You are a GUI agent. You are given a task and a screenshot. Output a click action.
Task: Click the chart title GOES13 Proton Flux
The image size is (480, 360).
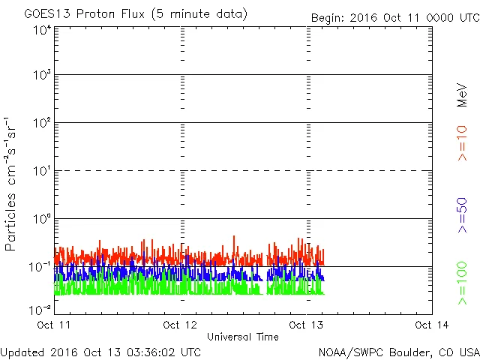(x=135, y=14)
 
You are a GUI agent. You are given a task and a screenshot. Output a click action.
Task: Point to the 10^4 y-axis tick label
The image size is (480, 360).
(x=42, y=30)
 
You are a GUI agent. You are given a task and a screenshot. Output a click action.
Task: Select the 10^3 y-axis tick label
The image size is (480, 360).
(x=42, y=75)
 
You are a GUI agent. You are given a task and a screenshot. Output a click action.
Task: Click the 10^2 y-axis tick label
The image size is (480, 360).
(x=42, y=123)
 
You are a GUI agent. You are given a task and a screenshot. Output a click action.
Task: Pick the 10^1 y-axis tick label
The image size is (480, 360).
(x=42, y=171)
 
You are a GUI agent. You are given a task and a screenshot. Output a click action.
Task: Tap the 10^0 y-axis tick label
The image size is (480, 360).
(x=42, y=219)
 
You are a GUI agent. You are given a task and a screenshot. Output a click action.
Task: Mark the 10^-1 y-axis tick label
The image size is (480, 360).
(x=40, y=266)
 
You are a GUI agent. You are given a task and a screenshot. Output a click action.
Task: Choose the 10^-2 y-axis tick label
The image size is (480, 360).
(x=40, y=310)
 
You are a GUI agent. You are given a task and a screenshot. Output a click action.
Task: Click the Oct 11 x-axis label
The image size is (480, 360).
(x=54, y=325)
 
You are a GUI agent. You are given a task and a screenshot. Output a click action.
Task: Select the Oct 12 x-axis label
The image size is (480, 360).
(x=180, y=325)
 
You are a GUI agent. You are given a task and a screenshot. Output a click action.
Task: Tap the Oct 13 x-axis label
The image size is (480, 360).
(x=306, y=325)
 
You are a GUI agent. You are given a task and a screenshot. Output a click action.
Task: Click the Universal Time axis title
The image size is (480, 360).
(x=243, y=337)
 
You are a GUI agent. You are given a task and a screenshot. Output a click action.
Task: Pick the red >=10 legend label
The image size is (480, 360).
(x=462, y=142)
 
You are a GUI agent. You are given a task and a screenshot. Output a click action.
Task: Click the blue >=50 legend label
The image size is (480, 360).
(x=462, y=216)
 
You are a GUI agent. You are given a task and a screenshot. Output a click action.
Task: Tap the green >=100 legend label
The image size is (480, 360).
(x=462, y=283)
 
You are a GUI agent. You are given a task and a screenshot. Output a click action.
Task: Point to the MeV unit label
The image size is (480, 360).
(x=462, y=95)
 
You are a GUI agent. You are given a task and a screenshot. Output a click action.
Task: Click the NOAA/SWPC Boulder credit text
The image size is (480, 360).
(x=398, y=352)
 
